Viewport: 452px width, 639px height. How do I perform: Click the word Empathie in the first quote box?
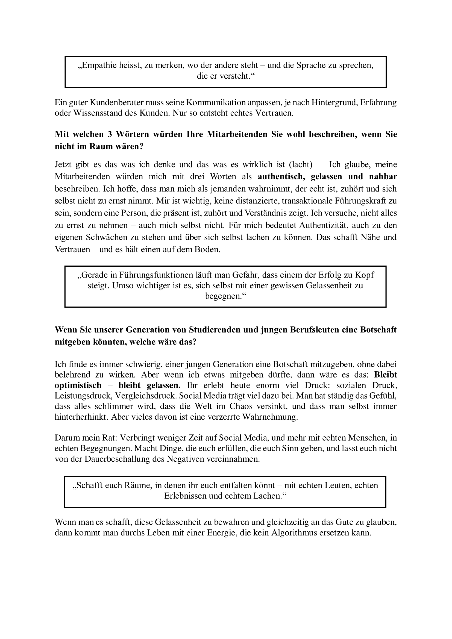coord(96,65)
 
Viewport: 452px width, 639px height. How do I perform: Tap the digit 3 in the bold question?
coord(110,134)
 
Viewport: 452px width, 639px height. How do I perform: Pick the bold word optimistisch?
coord(78,386)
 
